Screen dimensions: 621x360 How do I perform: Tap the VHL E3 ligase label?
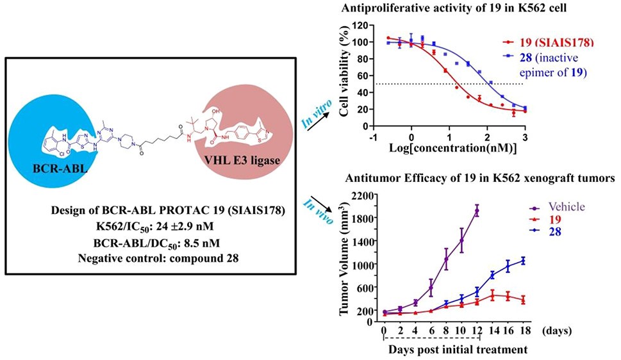click(x=242, y=160)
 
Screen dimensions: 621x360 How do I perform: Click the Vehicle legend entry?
click(x=567, y=206)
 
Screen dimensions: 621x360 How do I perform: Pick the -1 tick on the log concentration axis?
click(x=373, y=136)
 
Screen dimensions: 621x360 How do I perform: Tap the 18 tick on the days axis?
click(x=523, y=331)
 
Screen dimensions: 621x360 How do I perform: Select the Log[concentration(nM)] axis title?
click(x=453, y=149)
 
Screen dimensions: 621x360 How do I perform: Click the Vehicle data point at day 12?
click(x=477, y=211)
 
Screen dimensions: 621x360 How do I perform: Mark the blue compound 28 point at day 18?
click(x=523, y=260)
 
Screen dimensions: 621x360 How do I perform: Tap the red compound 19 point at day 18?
click(x=523, y=300)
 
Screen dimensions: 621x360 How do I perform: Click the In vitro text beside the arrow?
click(x=317, y=113)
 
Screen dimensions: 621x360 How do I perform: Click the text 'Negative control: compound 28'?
click(x=158, y=258)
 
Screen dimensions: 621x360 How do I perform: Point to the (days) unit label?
click(x=557, y=331)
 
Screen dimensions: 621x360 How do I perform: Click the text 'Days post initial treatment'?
click(x=458, y=350)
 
